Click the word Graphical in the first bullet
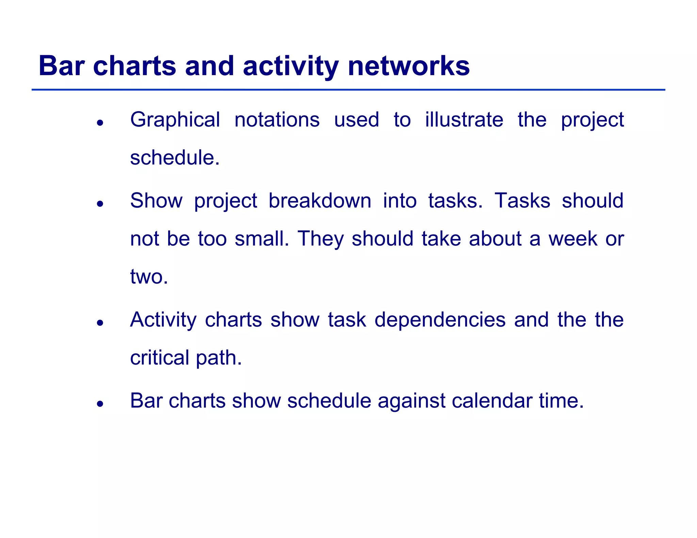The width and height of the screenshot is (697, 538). click(175, 120)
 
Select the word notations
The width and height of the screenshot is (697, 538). click(277, 120)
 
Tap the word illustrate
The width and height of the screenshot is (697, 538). click(464, 120)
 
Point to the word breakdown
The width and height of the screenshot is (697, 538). click(320, 201)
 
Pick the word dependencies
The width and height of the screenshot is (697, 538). click(440, 320)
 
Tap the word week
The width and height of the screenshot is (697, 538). click(573, 239)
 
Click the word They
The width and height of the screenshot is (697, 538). click(321, 239)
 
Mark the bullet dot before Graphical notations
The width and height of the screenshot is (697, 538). click(100, 123)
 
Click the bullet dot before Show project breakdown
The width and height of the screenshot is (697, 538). click(100, 204)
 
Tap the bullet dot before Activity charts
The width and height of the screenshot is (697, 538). click(100, 323)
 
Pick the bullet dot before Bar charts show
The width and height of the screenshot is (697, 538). click(100, 404)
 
